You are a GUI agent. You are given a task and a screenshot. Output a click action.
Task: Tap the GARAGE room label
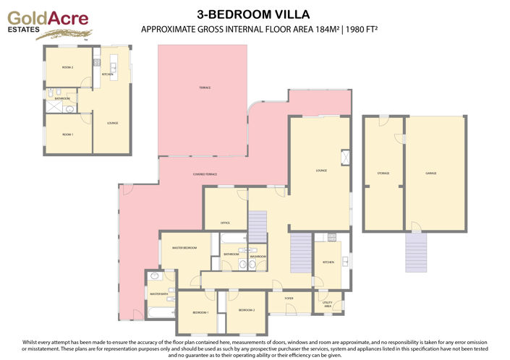(x=430, y=173)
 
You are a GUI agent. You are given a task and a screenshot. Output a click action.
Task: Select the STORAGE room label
(x=383, y=173)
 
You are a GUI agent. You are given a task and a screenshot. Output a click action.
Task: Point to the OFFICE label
(x=225, y=223)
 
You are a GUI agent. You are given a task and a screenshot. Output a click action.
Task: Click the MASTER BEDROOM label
(x=184, y=248)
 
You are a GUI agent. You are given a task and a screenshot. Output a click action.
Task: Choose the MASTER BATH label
(x=158, y=294)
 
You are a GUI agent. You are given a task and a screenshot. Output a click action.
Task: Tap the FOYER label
(x=288, y=298)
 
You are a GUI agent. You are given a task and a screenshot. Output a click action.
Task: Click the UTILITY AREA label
(x=327, y=304)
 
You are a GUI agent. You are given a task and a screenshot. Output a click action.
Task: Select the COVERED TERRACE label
(x=205, y=175)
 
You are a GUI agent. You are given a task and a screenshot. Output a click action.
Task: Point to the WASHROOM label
(x=258, y=256)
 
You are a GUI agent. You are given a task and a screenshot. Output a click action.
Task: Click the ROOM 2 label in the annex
(x=68, y=67)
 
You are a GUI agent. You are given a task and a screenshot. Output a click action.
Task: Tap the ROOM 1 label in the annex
(x=67, y=135)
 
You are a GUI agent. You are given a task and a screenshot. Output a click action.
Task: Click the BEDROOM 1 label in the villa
(x=200, y=312)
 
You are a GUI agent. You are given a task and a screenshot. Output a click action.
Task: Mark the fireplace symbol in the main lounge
(x=345, y=158)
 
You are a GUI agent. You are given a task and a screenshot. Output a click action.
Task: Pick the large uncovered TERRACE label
(x=205, y=87)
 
